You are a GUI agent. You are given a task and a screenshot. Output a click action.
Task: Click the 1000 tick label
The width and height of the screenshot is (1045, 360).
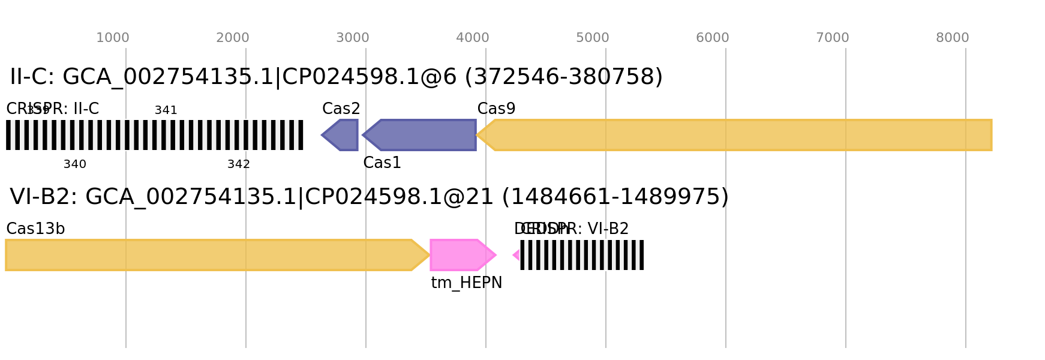113,38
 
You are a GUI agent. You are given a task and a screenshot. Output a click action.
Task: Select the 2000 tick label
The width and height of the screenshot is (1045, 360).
232,38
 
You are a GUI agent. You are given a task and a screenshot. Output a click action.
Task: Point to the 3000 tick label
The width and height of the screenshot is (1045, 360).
352,38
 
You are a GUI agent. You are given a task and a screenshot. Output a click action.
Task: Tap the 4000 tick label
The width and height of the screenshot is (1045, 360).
472,38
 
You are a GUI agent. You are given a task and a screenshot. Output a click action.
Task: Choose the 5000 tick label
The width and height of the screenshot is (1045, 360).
592,38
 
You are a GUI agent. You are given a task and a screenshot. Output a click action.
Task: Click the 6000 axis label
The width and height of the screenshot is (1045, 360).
712,38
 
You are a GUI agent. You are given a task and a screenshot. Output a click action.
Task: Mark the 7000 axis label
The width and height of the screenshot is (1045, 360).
832,38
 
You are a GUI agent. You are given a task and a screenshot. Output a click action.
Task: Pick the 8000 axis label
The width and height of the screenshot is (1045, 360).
952,38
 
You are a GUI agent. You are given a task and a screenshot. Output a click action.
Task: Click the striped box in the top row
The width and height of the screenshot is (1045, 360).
155,135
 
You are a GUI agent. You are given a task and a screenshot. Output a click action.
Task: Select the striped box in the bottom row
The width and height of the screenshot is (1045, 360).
582,255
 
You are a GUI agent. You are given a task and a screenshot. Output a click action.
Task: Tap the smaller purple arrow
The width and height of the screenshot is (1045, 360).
341,135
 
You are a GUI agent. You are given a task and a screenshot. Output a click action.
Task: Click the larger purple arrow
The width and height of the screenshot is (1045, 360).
420,135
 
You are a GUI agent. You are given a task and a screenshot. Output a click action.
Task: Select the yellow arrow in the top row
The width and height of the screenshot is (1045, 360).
738,135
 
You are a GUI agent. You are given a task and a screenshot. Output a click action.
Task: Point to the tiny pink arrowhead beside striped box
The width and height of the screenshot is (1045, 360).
515,255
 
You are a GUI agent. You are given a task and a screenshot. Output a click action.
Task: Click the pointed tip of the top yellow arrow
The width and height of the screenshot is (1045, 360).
478,135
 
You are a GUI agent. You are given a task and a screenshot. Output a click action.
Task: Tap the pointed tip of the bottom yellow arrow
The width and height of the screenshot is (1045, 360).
429,255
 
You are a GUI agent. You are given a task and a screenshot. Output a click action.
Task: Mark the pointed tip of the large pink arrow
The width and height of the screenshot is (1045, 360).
496,255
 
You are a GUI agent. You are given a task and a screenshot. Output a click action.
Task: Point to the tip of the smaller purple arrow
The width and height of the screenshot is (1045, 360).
322,135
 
